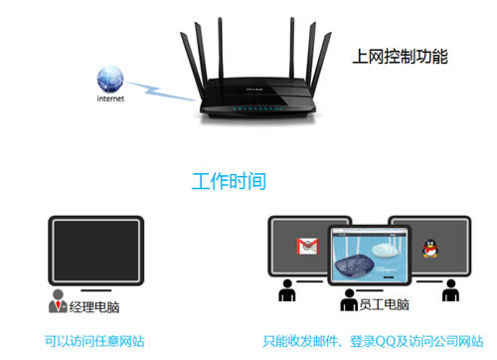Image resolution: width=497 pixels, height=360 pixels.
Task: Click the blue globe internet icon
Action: [111, 79]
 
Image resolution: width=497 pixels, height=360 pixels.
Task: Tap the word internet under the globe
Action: [111, 99]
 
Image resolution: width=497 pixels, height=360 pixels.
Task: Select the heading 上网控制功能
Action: [400, 58]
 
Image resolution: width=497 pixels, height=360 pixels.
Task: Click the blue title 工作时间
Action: [229, 181]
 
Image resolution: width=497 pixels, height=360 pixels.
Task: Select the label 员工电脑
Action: [384, 305]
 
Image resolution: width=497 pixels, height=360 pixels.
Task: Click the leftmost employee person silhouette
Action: [286, 292]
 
